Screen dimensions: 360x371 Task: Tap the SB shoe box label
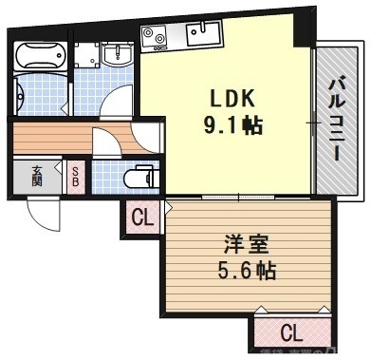(x=76, y=176)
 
